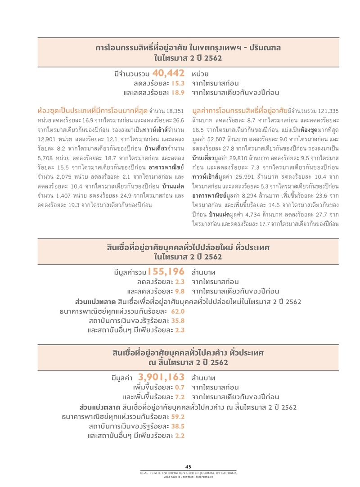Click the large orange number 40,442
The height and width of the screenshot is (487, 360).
(x=169, y=73)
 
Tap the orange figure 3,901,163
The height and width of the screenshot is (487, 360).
(x=162, y=377)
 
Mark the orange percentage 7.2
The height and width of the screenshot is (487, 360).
(x=180, y=397)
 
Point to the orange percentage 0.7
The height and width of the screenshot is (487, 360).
(x=180, y=387)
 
